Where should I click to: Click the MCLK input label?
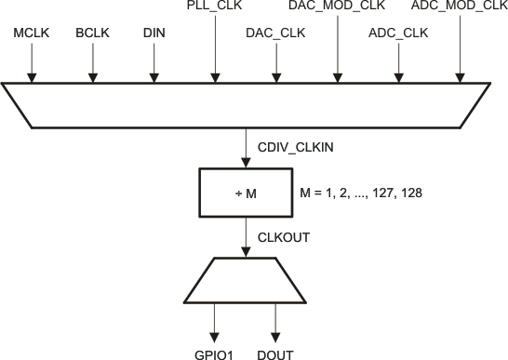tap(31, 33)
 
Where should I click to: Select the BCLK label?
tap(92, 33)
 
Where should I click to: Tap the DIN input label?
tap(154, 33)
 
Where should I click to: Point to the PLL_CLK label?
tap(215, 7)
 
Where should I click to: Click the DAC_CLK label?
tap(274, 33)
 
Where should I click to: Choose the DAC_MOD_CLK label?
tap(337, 7)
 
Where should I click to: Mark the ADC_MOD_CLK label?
tap(459, 7)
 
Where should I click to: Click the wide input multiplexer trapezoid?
tap(246, 105)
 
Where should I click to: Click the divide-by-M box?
tap(246, 191)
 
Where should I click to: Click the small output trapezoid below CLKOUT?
tap(246, 280)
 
